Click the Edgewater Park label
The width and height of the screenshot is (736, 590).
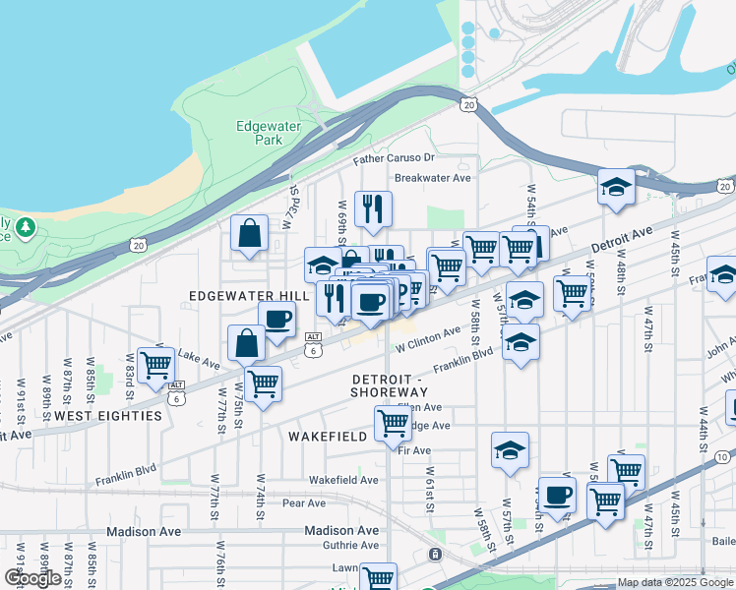tap(261, 133)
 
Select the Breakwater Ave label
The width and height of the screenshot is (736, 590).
tap(432, 179)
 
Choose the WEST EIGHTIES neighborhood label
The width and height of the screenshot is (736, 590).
tap(108, 416)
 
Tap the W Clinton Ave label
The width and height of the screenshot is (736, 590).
tap(429, 340)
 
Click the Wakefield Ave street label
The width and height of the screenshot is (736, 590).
tap(343, 480)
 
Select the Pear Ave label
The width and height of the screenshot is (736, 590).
tap(304, 503)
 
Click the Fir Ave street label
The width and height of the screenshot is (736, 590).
tap(415, 450)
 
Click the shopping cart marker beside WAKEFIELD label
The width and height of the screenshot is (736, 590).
tap(393, 424)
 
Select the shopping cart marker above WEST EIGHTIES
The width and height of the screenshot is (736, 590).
tap(156, 365)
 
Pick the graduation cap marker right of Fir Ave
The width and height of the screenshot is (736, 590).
tap(510, 450)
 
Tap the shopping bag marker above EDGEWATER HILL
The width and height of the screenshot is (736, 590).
tap(250, 234)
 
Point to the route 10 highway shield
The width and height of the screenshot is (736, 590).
tap(723, 456)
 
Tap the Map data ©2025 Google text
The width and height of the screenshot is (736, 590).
tap(675, 582)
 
